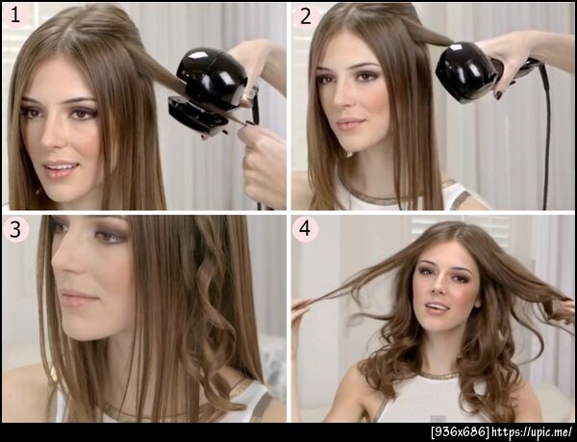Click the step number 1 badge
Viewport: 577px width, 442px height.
(15, 16)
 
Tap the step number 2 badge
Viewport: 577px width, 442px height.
(306, 17)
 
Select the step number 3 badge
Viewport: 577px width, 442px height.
(15, 229)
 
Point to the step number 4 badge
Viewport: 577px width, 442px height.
(305, 229)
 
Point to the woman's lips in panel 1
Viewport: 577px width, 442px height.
(60, 169)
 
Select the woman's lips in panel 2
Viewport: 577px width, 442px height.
(350, 124)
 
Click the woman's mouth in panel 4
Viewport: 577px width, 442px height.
(439, 307)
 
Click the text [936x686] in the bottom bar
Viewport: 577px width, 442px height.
(460, 431)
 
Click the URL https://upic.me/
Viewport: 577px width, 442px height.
(532, 431)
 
